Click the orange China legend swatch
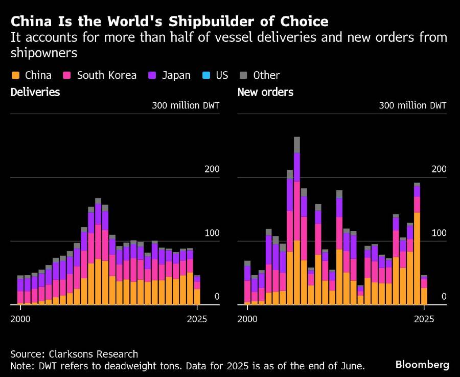coord(15,75)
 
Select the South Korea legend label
coord(106,75)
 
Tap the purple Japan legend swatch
coord(152,75)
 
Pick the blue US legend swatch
coord(206,75)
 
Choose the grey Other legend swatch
coord(243,75)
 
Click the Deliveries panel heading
coord(35,93)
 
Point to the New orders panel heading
coord(265,93)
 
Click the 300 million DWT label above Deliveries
coord(185,106)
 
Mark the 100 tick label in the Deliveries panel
coord(211,233)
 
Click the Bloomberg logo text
coord(422,364)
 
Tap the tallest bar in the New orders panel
coord(297,220)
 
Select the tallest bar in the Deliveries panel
coord(98,251)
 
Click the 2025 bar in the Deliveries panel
coord(197,290)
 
